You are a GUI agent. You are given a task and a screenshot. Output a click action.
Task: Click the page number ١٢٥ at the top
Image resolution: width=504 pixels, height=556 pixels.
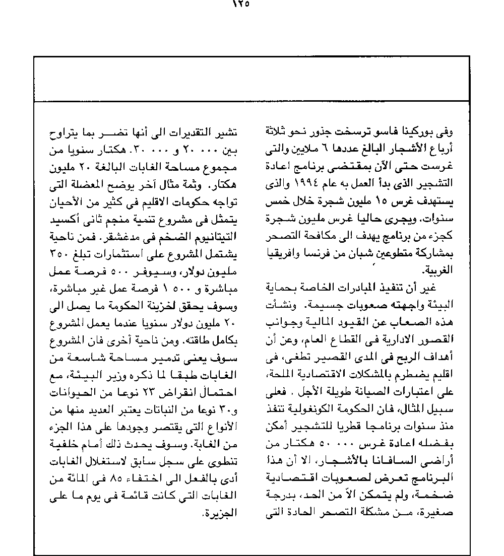tap(240, 5)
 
